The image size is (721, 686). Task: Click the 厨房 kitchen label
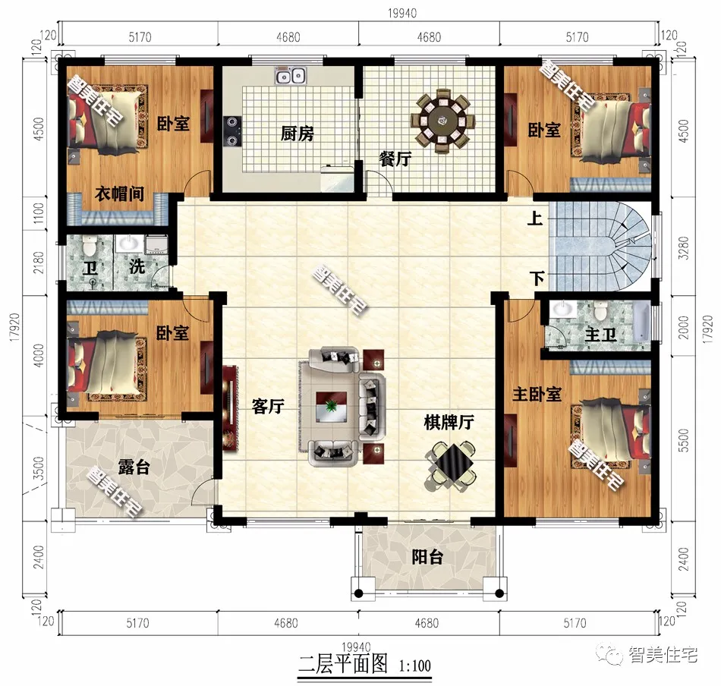pyautogui.click(x=297, y=134)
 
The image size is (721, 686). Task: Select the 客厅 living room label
pyautogui.click(x=267, y=407)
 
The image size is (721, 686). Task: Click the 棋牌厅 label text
pyautogui.click(x=448, y=423)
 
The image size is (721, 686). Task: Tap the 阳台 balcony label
pyautogui.click(x=427, y=558)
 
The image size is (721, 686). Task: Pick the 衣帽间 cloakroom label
pyautogui.click(x=119, y=194)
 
